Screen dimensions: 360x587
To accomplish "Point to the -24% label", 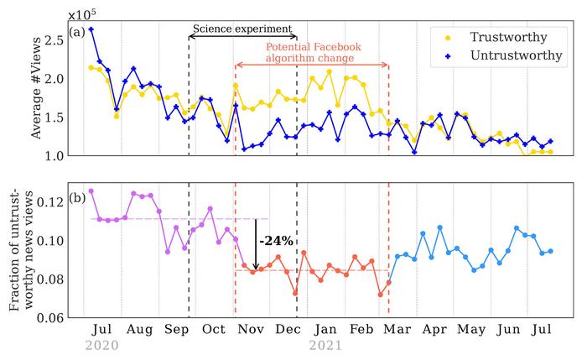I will point(277,241).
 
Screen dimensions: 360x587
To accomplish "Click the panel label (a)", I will point(78,33).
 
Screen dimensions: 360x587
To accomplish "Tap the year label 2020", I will point(102,346).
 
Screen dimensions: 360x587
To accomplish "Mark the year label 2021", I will point(327,346).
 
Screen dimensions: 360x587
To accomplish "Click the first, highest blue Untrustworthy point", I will point(91,29).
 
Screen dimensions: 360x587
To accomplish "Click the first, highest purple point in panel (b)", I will point(91,190).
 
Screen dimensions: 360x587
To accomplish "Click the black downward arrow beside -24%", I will point(256,243).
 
